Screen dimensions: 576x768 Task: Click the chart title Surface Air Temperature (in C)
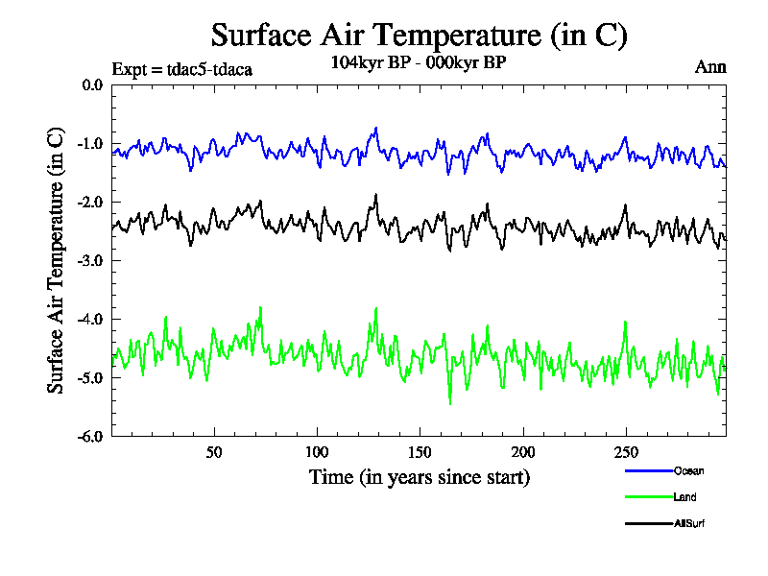(419, 36)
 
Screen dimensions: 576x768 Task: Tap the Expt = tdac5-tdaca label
(182, 69)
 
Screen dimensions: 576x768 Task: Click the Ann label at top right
(710, 67)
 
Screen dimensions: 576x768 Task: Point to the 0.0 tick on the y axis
(92, 85)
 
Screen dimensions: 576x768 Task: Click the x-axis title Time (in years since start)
(419, 476)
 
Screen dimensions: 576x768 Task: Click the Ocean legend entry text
(688, 470)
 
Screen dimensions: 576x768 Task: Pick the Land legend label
(685, 497)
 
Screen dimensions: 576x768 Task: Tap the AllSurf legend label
(690, 523)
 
